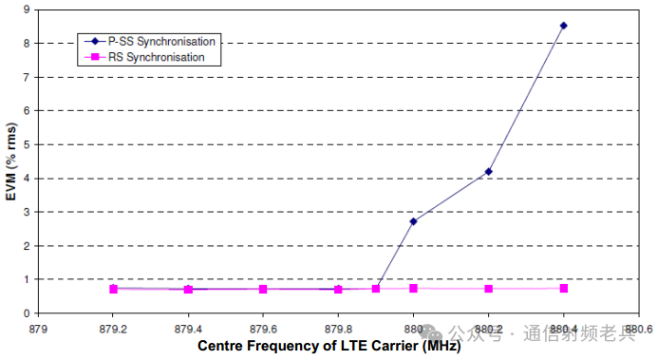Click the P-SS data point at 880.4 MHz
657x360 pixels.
[x=564, y=26]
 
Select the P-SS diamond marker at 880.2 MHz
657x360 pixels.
[x=489, y=171]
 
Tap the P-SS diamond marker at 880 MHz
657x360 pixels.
[x=414, y=221]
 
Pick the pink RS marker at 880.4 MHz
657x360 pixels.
[x=564, y=289]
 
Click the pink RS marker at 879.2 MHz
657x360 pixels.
[x=114, y=289]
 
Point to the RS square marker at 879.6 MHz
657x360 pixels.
[x=263, y=289]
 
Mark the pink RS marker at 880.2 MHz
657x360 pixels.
[x=489, y=289]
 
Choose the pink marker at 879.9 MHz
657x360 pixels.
[x=376, y=289]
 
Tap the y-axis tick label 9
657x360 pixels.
[x=28, y=9]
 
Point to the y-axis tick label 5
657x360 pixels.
[x=28, y=144]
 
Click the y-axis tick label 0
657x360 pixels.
[x=28, y=313]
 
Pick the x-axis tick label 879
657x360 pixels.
[x=38, y=329]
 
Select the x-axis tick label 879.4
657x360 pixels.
[x=188, y=329]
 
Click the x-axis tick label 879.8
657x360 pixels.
[x=338, y=329]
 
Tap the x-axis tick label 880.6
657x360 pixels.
[x=639, y=329]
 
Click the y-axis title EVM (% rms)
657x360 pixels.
[x=11, y=161]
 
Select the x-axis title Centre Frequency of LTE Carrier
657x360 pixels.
[x=308, y=346]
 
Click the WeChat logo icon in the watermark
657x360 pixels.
[x=431, y=333]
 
